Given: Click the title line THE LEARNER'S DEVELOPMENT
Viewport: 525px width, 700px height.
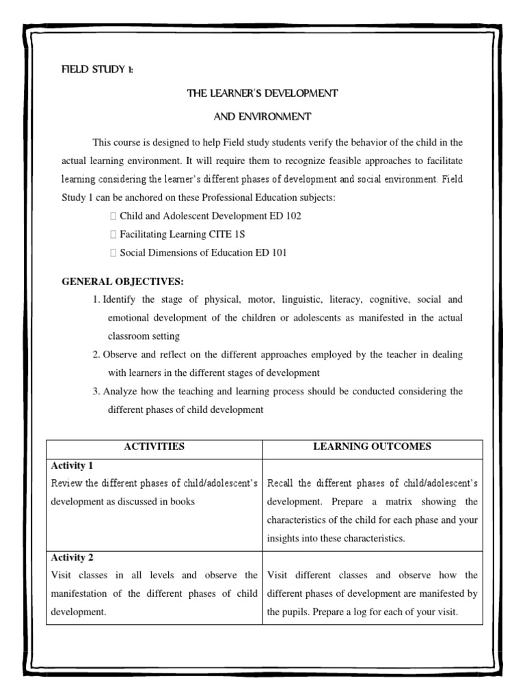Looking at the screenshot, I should tap(262, 92).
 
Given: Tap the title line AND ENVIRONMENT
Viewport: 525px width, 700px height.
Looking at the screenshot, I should tap(262, 117).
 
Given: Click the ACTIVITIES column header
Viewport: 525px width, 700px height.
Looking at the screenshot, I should tap(154, 447).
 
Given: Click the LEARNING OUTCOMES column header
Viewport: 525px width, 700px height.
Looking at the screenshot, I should tap(372, 447).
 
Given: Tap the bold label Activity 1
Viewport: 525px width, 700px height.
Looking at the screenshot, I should tap(72, 466).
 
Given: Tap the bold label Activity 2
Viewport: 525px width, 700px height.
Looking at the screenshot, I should tap(72, 557).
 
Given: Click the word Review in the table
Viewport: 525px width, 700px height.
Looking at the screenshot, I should tap(66, 483).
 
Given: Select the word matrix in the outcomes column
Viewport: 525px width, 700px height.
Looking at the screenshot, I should tap(389, 502).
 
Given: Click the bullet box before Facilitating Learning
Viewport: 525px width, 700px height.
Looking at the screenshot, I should tap(113, 234).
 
